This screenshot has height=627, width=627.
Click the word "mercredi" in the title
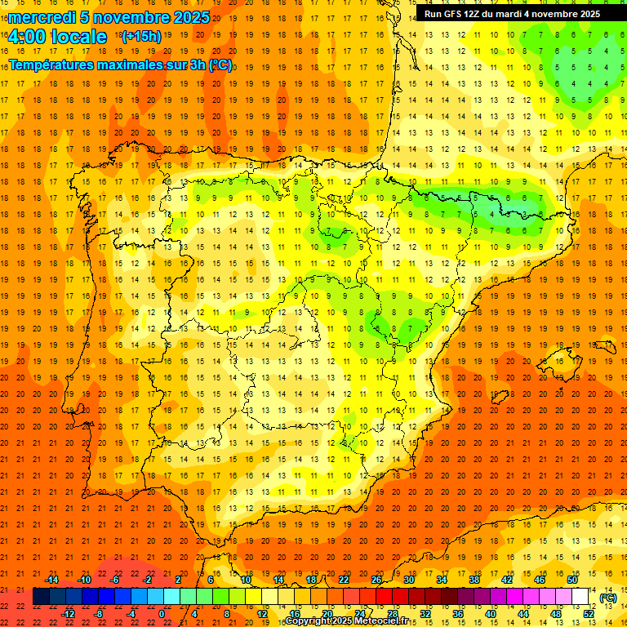(43, 17)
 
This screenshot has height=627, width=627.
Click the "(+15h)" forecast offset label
(140, 37)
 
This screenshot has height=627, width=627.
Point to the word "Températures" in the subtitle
(56, 65)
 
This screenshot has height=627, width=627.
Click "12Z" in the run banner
(479, 14)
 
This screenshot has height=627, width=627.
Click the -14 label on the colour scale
(52, 580)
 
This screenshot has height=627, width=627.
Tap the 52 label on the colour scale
(589, 614)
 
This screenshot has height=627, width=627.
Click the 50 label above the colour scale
(572, 580)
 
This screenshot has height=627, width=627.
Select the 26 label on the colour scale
(376, 580)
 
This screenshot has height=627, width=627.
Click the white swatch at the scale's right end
(580, 597)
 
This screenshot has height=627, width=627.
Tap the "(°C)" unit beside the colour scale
(608, 598)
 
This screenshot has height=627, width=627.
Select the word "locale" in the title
(78, 37)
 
